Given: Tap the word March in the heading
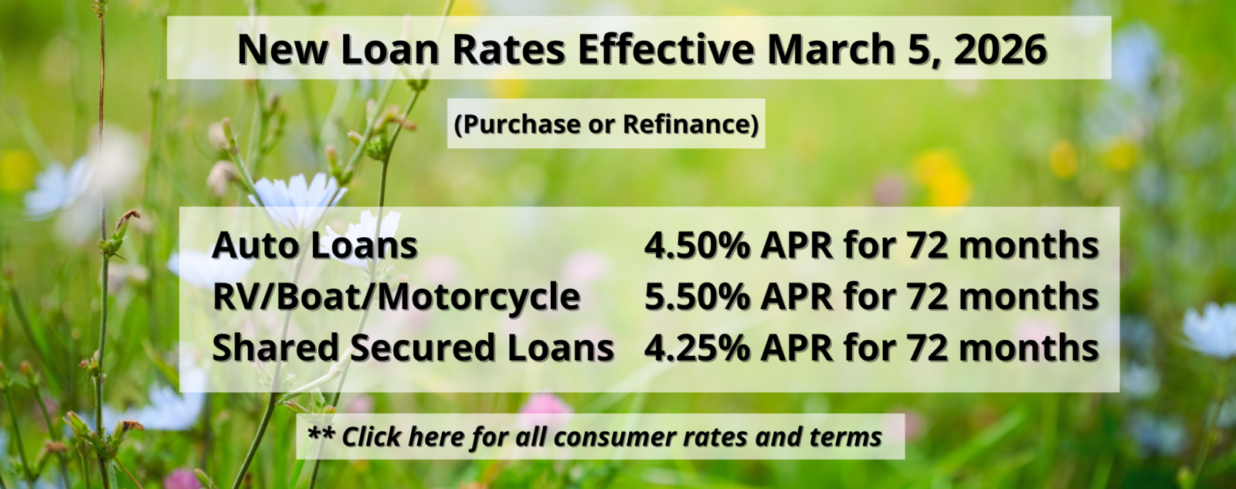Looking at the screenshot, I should [x=830, y=49].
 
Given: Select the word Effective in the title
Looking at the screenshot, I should [x=665, y=49].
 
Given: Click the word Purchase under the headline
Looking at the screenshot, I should [x=518, y=124].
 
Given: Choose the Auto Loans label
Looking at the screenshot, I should [x=314, y=246].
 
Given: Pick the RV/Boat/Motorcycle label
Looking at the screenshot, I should [x=396, y=297].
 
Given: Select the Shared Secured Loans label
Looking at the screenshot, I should [x=413, y=348].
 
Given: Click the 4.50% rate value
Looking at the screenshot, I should [x=697, y=246].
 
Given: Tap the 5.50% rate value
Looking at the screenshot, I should [x=697, y=297].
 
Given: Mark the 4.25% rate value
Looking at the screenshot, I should [x=697, y=348].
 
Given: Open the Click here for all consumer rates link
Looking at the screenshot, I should [x=611, y=437].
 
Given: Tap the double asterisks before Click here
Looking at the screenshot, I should [x=321, y=435].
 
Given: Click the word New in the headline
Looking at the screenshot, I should [x=284, y=49].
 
